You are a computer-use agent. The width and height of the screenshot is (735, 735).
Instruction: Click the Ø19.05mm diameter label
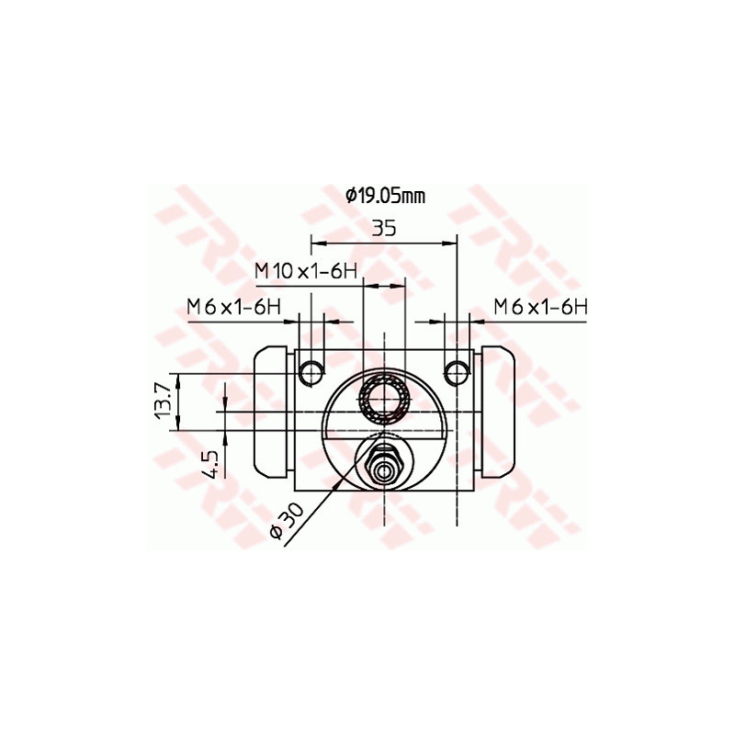pos(385,195)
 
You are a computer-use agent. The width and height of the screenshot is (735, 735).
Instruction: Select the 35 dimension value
pos(384,229)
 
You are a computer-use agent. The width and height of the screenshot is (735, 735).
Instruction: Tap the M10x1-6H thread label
pos(306,271)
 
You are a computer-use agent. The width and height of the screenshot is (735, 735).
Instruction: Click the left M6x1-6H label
pos(233,306)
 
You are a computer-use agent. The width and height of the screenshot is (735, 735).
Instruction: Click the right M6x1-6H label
pos(539,306)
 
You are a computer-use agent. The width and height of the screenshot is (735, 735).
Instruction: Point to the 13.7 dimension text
pos(164,401)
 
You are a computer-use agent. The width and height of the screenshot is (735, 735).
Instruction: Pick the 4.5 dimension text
pos(210,463)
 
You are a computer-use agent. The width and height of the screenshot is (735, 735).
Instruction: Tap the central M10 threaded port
pos(384,397)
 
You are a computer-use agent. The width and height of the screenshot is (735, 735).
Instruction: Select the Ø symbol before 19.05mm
pos(351,195)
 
